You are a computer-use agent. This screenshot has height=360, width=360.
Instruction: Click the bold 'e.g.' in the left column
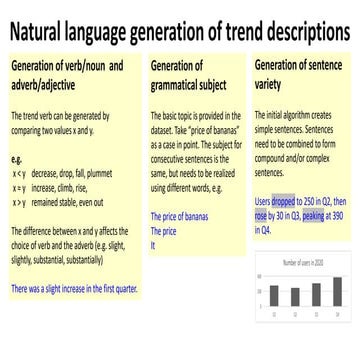tap(15, 158)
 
